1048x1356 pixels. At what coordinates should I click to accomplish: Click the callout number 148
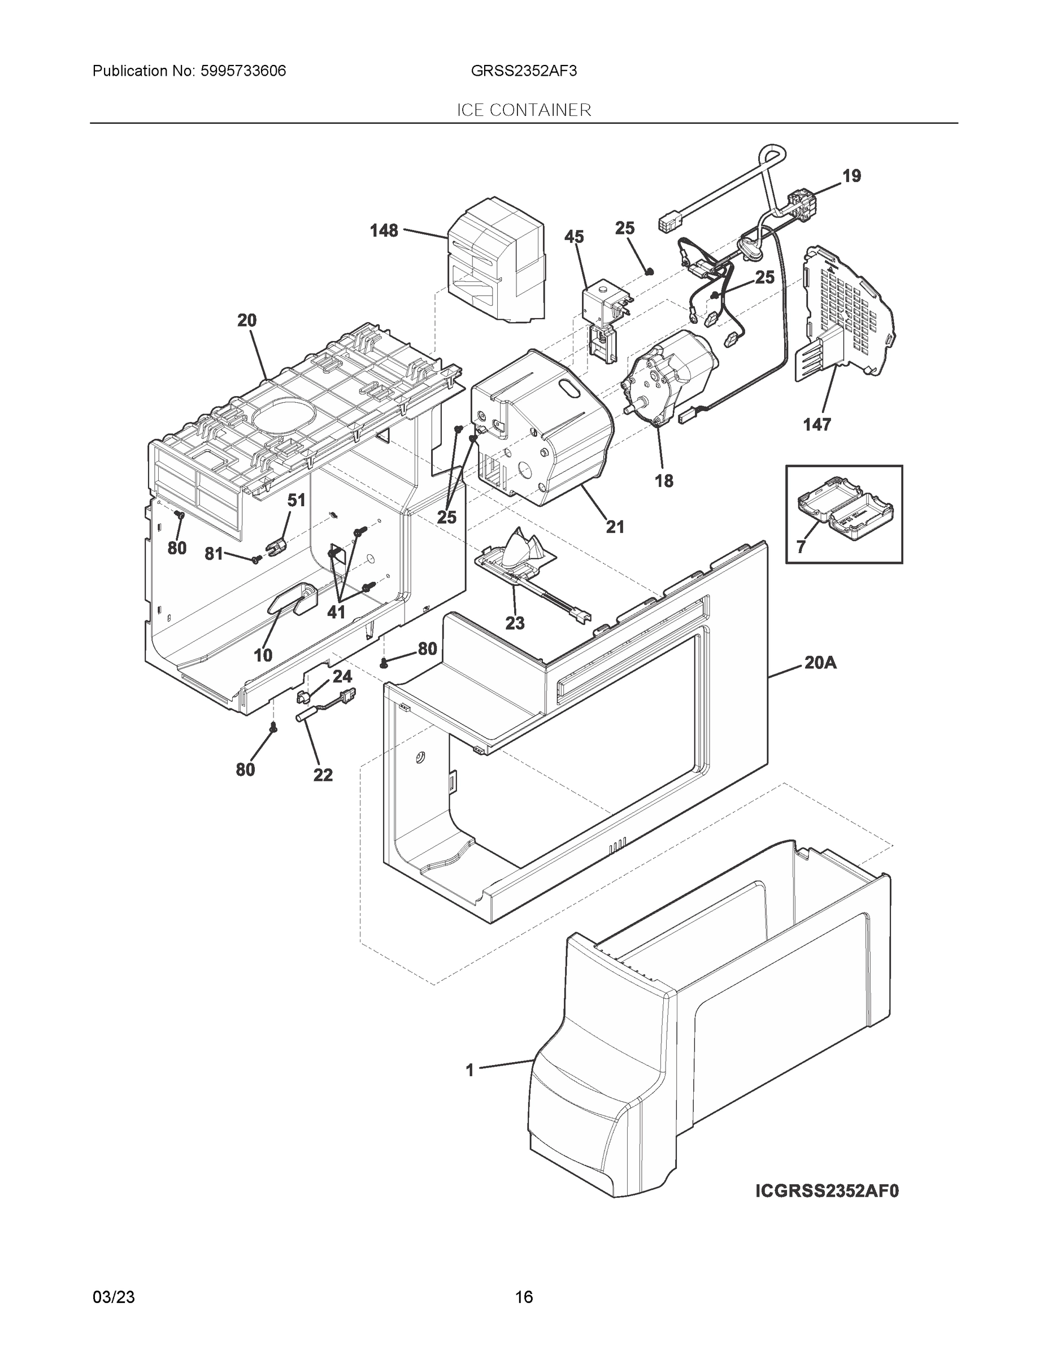click(x=384, y=231)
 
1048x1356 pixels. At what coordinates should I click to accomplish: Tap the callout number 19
click(x=851, y=176)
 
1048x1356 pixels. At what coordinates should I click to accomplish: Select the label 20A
click(x=820, y=663)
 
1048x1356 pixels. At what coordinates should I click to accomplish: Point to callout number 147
click(x=816, y=425)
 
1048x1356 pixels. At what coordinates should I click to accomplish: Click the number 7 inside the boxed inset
click(x=801, y=547)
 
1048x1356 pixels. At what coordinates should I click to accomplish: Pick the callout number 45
click(x=575, y=237)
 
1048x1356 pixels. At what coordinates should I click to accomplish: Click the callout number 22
click(x=323, y=775)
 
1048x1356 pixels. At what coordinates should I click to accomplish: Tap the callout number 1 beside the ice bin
click(x=470, y=1070)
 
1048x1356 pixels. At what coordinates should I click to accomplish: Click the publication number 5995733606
click(x=243, y=71)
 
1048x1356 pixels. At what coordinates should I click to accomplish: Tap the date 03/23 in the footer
click(x=114, y=1297)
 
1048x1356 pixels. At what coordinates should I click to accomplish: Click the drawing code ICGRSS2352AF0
click(x=827, y=1208)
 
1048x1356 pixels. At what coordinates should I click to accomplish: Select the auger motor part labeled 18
click(x=667, y=379)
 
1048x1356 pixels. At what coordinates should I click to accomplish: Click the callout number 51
click(x=296, y=501)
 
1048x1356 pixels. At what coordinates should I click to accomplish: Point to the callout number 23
click(x=515, y=623)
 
